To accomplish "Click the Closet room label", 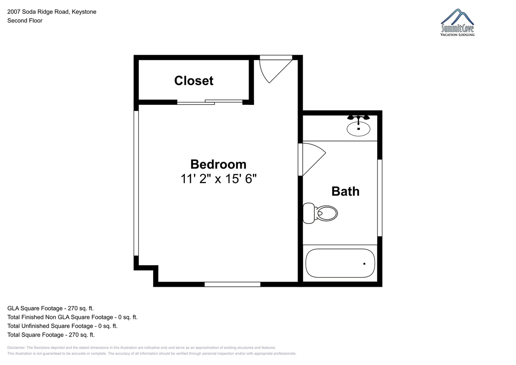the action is [x=194, y=80].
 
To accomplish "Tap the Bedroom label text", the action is [x=218, y=164].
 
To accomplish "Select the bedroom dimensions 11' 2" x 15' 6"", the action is [x=218, y=179].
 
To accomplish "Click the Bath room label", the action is [x=345, y=191].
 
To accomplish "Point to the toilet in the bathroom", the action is [x=320, y=213].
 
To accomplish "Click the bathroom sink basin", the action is [x=359, y=129].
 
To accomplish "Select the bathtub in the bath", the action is [x=340, y=263].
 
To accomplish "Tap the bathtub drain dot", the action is [x=364, y=264].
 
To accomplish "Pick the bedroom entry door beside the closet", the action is [x=276, y=69].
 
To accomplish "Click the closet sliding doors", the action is [x=210, y=102].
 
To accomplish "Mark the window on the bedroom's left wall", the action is [x=136, y=183].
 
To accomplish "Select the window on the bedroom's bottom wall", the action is [x=233, y=285].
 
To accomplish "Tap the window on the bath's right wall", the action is [x=380, y=198].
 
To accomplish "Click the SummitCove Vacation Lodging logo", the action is [x=457, y=22].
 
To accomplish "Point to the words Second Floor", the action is [x=25, y=21].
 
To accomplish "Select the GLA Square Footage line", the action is [x=50, y=308].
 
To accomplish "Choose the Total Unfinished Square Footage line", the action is [x=62, y=326].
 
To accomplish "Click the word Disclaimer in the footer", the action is [x=16, y=347].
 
